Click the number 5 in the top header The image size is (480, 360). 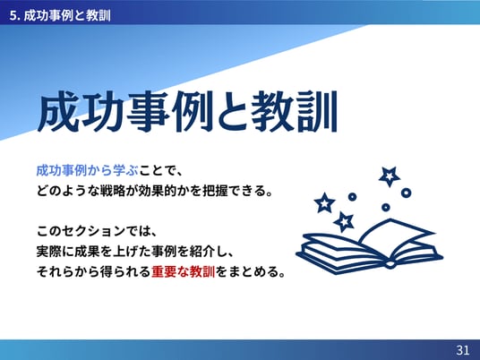pos(12,15)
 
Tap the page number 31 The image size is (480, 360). pos(463,349)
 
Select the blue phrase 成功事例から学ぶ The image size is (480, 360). pos(87,170)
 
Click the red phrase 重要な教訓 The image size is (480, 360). pos(183,271)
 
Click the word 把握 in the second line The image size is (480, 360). pos(215,191)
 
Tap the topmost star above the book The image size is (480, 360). pos(389,176)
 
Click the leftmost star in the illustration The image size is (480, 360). pos(324,202)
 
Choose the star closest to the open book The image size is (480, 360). pos(344,221)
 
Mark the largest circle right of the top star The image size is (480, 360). pos(406,193)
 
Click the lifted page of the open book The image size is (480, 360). pos(395,232)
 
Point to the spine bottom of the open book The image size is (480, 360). pos(390,264)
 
